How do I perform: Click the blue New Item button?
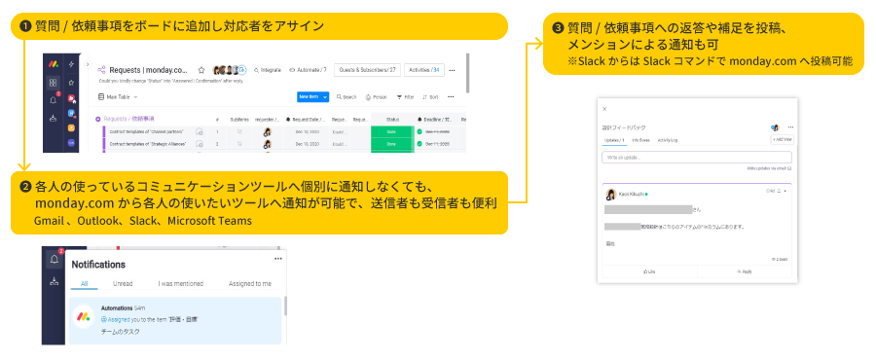(310, 96)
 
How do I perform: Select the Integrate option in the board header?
(267, 70)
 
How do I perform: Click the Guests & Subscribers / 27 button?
(366, 70)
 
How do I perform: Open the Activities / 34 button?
(424, 70)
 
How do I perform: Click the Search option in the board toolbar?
(347, 97)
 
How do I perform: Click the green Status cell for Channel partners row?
(390, 130)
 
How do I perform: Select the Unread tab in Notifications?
(123, 283)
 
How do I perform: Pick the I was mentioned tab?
(180, 283)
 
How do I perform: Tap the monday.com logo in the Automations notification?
(85, 320)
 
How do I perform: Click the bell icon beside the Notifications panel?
(53, 261)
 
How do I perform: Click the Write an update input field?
(696, 156)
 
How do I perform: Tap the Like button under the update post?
(649, 271)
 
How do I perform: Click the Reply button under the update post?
(747, 271)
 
